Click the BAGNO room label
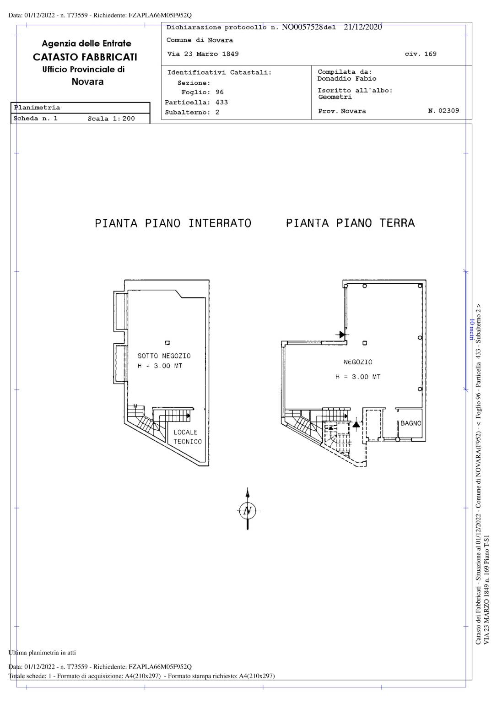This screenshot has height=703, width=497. pos(411,423)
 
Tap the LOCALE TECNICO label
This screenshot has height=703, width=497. pos(188,437)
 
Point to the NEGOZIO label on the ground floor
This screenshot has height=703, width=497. pos(358,362)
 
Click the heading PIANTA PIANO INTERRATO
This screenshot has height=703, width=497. pos(173,223)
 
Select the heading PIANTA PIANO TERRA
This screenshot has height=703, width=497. pos(350,223)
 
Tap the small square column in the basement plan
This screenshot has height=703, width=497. pos(167,343)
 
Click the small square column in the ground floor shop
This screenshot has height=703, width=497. pos(365,343)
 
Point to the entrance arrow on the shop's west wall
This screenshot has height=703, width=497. pos(342,335)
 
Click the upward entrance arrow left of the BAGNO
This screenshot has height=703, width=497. pos(356,424)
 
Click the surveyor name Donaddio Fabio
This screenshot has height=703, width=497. pos(347,78)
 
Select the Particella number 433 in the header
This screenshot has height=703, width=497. pos(221,102)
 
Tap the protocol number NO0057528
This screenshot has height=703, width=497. pos(303,27)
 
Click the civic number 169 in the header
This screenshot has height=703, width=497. pos(430,54)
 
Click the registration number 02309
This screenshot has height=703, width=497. pos(448,110)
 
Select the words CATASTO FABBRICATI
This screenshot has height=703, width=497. pos(85,57)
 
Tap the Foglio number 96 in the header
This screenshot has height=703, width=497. pos(220,92)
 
